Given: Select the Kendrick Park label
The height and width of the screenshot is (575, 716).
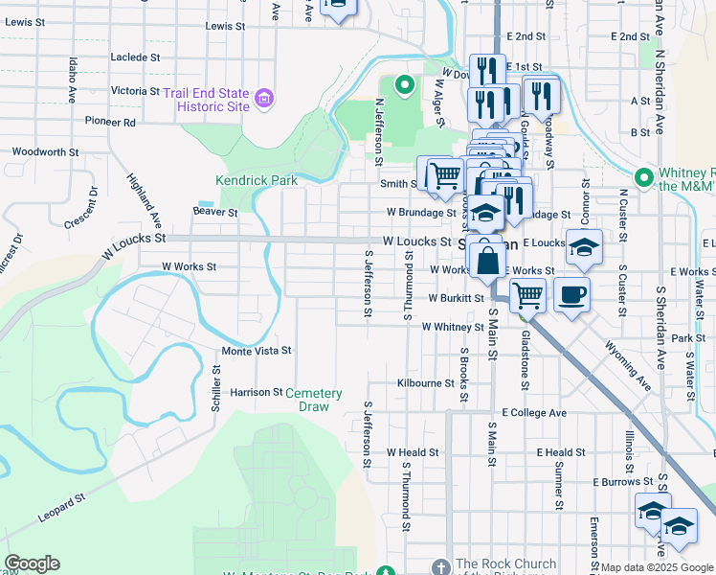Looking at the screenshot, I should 257,180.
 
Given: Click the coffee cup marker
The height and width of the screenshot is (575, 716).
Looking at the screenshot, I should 572,296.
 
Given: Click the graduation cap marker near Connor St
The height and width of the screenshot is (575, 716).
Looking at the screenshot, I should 583,248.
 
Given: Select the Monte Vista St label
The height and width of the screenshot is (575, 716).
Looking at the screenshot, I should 257,352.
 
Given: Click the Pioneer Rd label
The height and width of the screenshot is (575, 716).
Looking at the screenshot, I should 110,123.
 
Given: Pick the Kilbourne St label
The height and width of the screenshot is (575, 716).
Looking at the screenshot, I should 426,383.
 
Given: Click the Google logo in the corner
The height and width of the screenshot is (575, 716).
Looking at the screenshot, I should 32,563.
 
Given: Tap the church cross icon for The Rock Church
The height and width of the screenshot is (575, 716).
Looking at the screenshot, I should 440,565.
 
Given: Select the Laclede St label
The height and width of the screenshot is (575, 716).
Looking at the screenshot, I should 135,57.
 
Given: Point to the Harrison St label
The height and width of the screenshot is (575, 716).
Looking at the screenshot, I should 257,393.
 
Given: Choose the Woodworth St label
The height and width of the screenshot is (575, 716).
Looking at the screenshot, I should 45,152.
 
